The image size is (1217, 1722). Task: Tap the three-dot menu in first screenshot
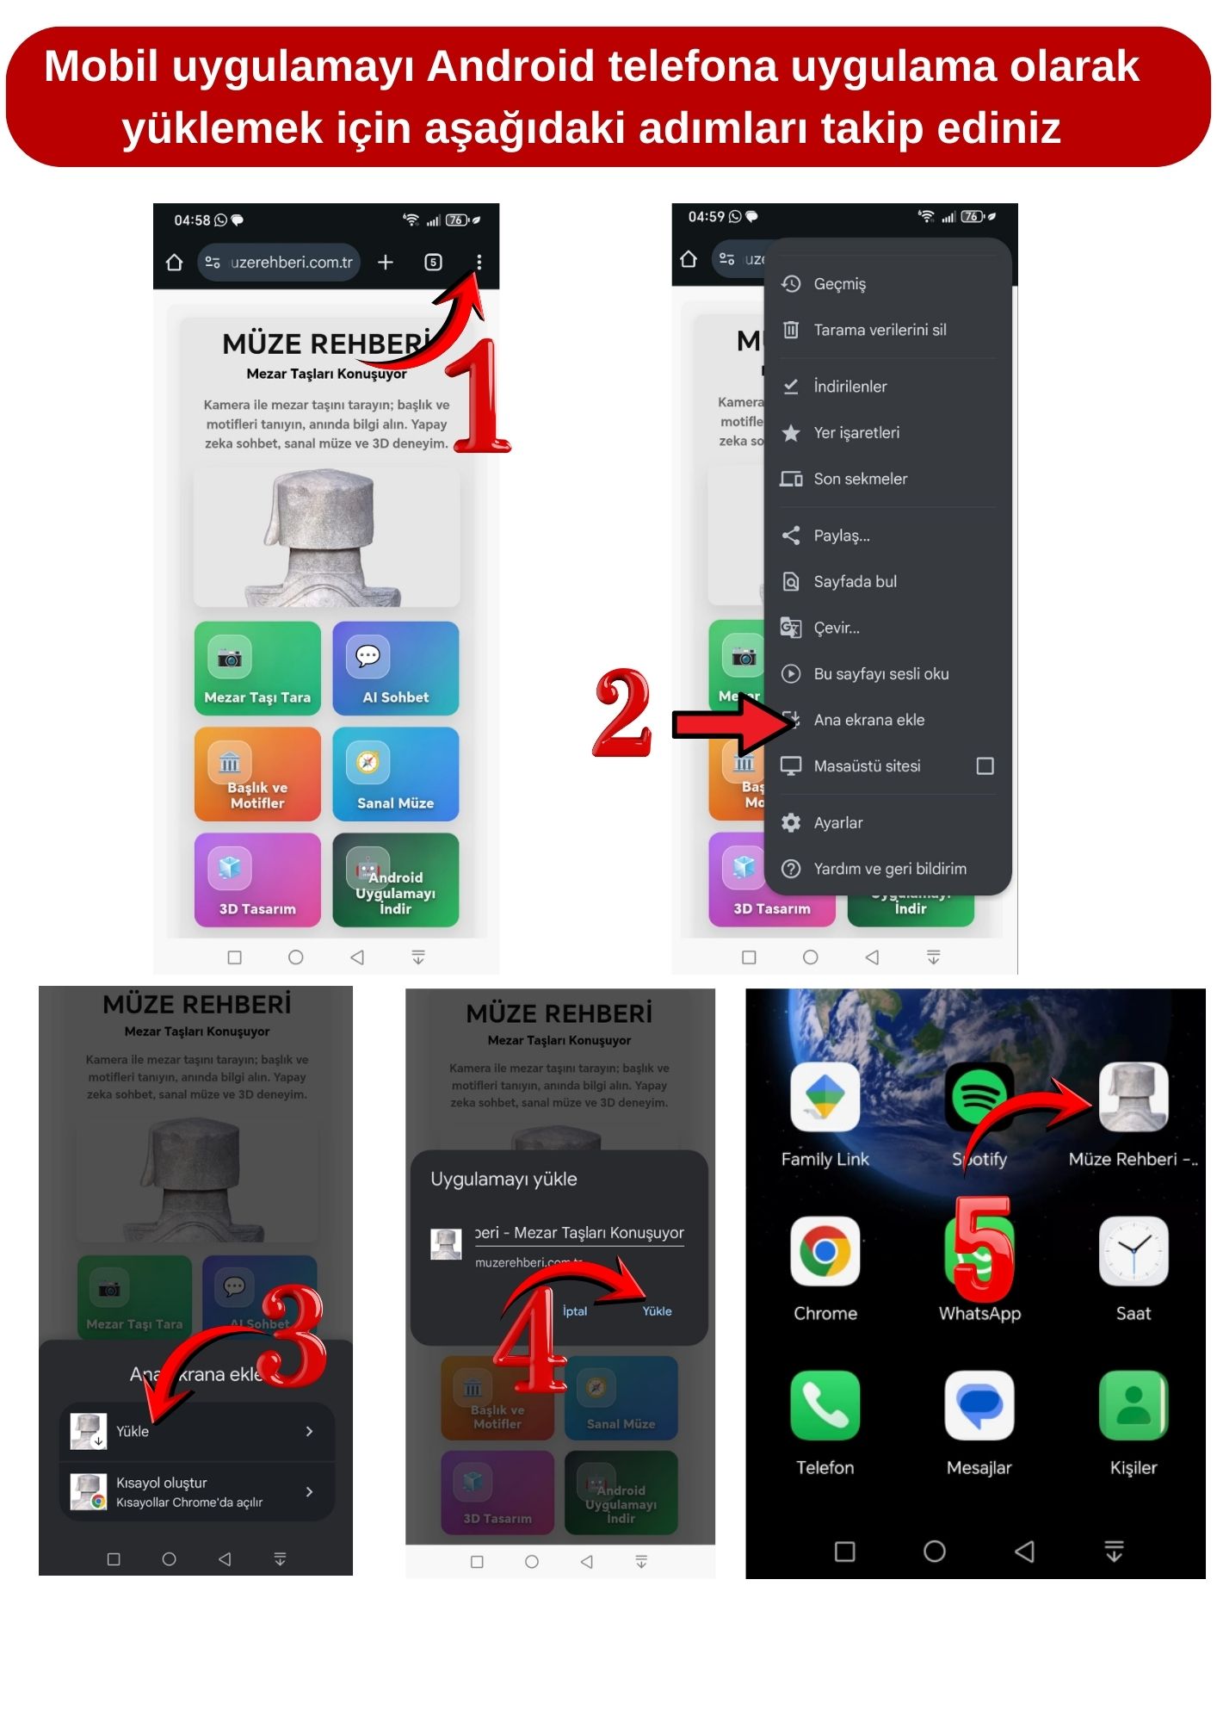479,262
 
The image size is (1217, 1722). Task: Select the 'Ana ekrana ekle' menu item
869,720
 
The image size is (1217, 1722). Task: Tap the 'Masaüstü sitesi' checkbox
985,765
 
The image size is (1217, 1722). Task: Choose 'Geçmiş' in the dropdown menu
839,283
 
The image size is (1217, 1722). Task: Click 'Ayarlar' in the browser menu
837,822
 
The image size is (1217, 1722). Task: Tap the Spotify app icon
979,1096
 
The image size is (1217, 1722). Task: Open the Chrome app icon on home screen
825,1251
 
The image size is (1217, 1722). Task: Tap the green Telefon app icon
825,1405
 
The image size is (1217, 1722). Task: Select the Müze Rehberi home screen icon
1133,1096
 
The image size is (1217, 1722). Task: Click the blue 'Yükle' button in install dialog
657,1310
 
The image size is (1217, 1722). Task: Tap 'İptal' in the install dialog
574,1310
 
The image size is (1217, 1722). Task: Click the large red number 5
984,1248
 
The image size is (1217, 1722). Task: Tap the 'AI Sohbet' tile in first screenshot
395,668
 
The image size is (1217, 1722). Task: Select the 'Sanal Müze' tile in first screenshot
395,773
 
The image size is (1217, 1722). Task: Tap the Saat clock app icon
1133,1251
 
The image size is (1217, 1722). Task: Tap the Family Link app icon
825,1096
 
